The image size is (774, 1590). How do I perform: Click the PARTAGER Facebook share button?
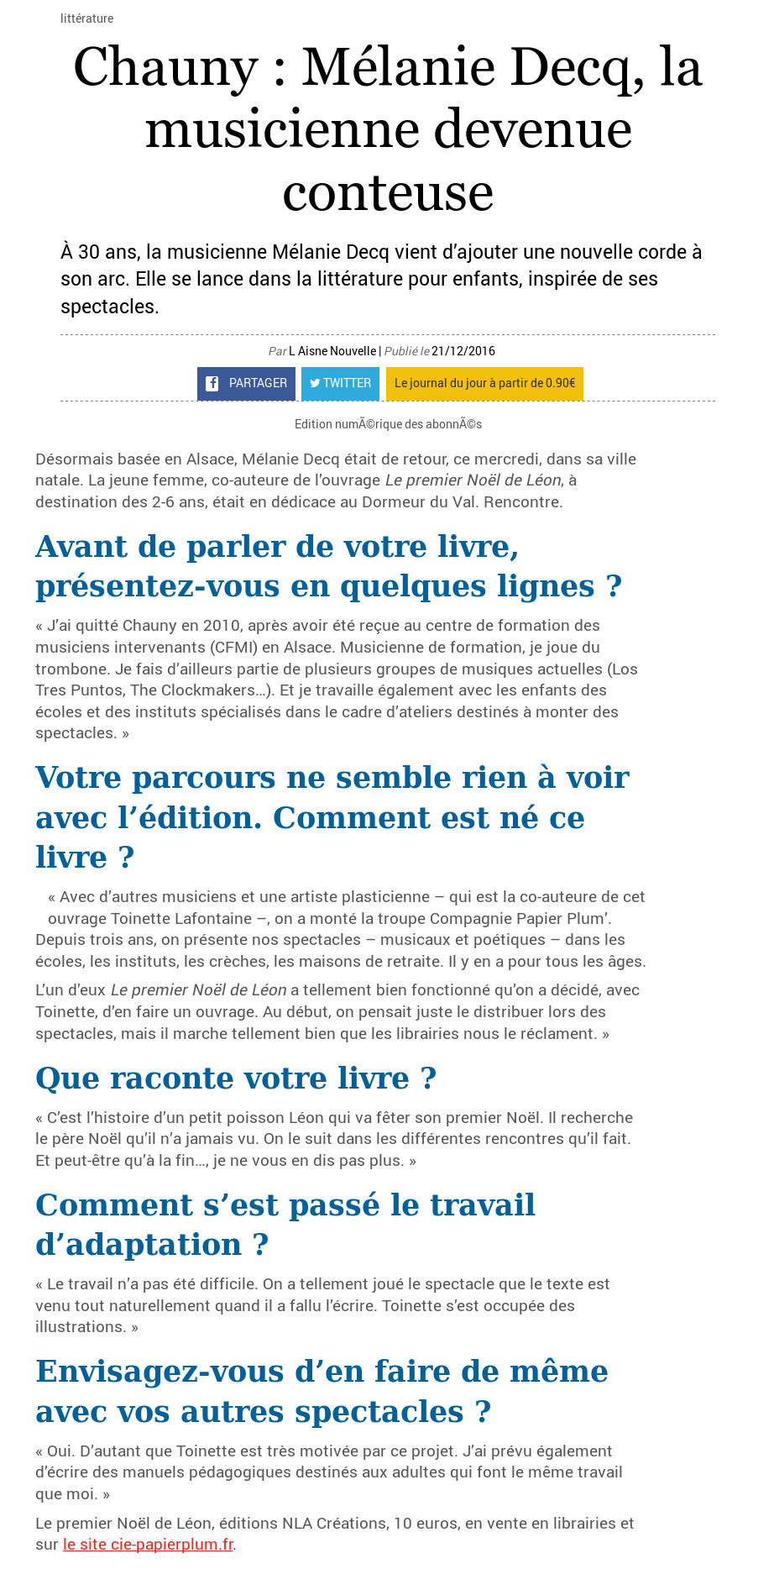246,384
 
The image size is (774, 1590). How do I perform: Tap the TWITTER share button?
340,384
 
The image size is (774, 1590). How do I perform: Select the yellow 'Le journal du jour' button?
484,384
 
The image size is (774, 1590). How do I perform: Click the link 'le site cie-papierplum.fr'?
148,1545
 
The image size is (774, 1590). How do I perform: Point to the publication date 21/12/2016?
463,351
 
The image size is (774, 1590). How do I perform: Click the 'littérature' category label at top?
86,18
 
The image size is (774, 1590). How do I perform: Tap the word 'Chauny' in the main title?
165,67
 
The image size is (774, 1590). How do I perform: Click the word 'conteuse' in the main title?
387,193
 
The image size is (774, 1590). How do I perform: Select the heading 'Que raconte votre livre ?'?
236,1078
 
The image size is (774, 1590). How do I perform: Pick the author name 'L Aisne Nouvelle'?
332,351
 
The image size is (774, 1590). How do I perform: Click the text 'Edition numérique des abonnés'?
388,424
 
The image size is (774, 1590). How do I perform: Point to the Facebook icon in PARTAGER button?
212,384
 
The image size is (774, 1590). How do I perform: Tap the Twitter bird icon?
315,384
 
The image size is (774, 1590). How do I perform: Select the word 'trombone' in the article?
65,669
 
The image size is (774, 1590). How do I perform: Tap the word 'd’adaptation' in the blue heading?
139,1245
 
